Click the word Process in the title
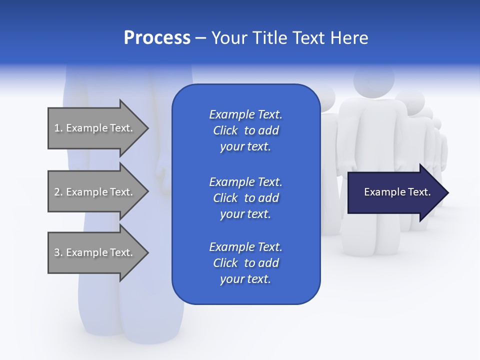[x=157, y=38]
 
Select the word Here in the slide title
[x=349, y=38]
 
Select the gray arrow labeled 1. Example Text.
[x=95, y=128]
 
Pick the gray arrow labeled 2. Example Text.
[x=95, y=192]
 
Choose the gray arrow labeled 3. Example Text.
[x=95, y=252]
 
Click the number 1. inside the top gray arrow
[x=58, y=128]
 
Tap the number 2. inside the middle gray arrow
[x=58, y=192]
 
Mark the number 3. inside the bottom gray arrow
[x=58, y=252]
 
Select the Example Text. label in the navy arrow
[x=397, y=192]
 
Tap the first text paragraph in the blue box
[x=245, y=130]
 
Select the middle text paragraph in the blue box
[x=245, y=198]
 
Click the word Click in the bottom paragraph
[x=225, y=263]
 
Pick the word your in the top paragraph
[x=231, y=147]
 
